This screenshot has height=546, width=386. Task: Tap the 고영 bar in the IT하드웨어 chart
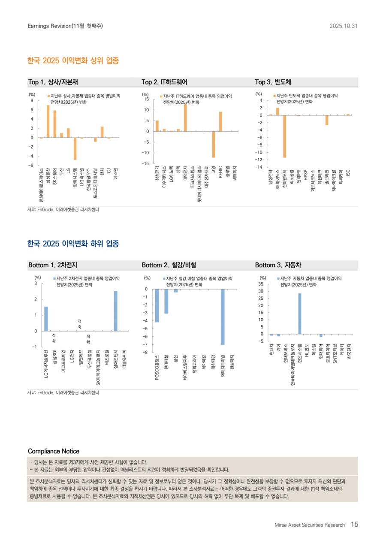point(213,144)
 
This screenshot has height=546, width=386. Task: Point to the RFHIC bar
point(220,121)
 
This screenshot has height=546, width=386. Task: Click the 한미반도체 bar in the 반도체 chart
point(284,136)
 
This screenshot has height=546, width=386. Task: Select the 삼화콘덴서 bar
point(115,311)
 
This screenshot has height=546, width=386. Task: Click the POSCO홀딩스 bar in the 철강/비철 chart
point(157,305)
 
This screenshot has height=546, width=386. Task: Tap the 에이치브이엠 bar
point(223,317)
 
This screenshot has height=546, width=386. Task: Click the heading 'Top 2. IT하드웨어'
point(164,82)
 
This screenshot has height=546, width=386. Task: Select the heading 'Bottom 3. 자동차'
point(278,265)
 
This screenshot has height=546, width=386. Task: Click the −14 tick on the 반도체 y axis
point(259,167)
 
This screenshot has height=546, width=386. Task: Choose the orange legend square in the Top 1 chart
point(48,96)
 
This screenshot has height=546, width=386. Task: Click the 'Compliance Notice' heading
point(54,451)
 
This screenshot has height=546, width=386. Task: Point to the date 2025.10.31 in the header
point(344,26)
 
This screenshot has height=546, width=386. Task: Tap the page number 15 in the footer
point(354,524)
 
